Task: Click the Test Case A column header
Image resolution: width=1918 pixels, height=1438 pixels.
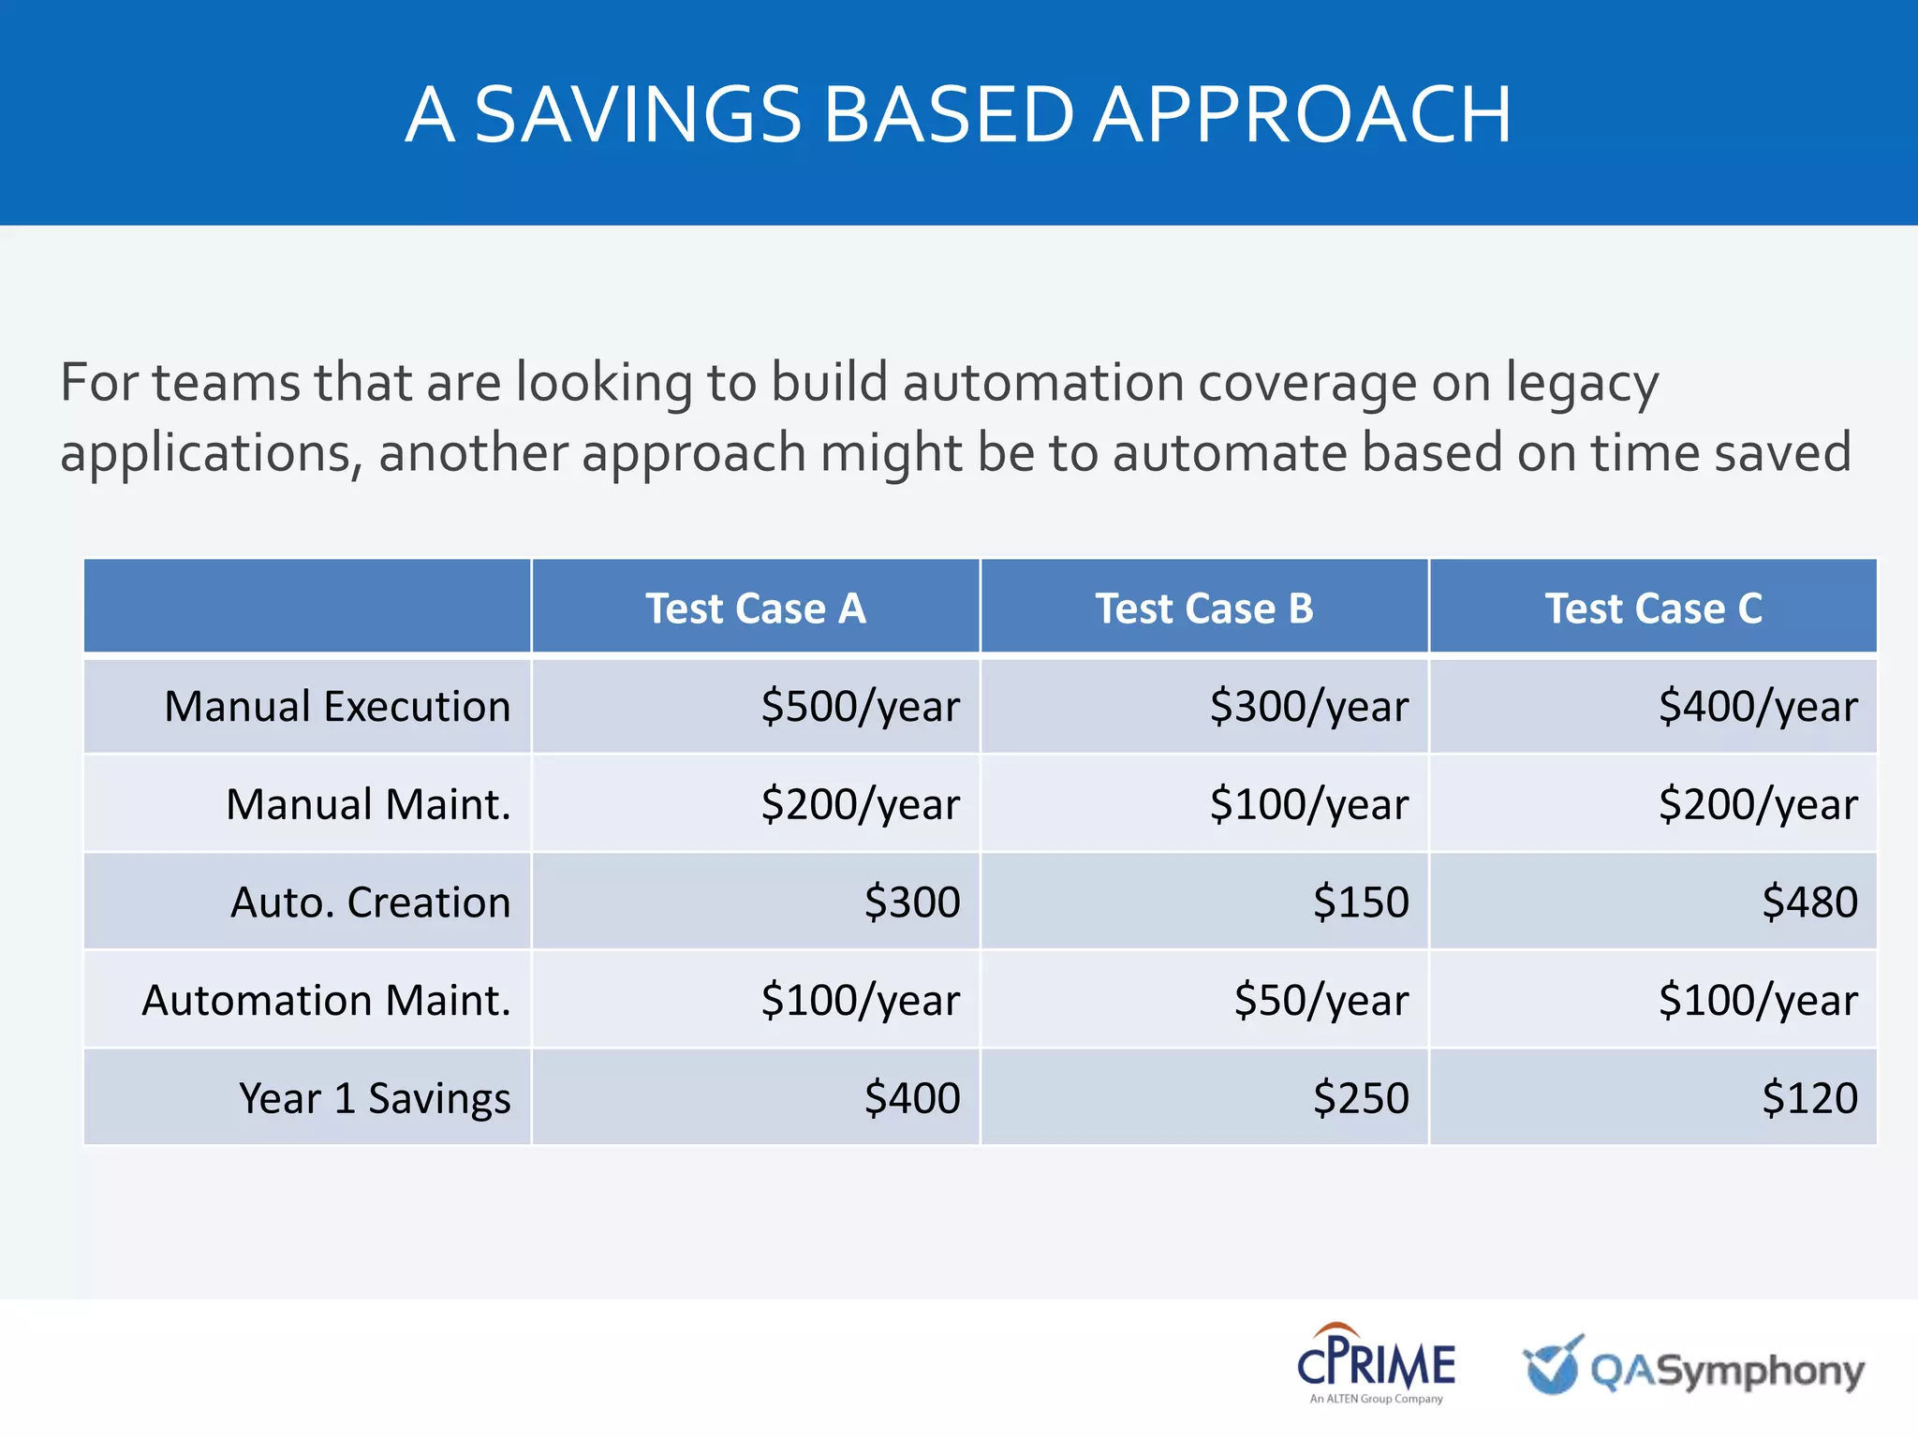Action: (755, 609)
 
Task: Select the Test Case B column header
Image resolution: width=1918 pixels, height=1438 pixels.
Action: (1204, 609)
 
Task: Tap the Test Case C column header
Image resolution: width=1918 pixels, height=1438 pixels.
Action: (1653, 609)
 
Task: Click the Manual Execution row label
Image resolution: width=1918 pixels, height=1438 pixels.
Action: (337, 707)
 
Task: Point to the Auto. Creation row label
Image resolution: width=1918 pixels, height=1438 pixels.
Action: (371, 902)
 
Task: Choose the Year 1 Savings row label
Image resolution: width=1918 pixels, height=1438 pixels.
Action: (375, 1098)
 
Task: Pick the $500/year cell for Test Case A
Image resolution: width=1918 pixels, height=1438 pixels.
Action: (860, 707)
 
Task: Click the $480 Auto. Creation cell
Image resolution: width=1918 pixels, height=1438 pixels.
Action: (1808, 902)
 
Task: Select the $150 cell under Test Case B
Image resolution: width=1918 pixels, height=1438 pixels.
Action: (1360, 902)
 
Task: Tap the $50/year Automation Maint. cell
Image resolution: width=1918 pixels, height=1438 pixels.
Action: (1320, 1001)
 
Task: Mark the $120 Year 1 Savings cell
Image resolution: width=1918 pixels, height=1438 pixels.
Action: (1808, 1098)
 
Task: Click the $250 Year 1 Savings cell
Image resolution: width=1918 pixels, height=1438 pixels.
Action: (1360, 1098)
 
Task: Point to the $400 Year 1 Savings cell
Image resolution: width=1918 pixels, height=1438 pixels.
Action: (911, 1098)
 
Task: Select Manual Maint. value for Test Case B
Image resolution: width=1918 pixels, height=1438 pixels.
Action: (1308, 805)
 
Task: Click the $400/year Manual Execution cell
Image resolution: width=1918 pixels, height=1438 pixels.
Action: (1757, 707)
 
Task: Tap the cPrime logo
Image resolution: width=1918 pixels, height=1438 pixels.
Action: (1376, 1363)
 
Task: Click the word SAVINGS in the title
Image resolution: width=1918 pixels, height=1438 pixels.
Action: (638, 114)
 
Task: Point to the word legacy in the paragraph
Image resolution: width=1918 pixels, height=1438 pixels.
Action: (1582, 384)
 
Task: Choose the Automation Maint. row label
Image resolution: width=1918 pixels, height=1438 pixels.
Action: (326, 1001)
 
